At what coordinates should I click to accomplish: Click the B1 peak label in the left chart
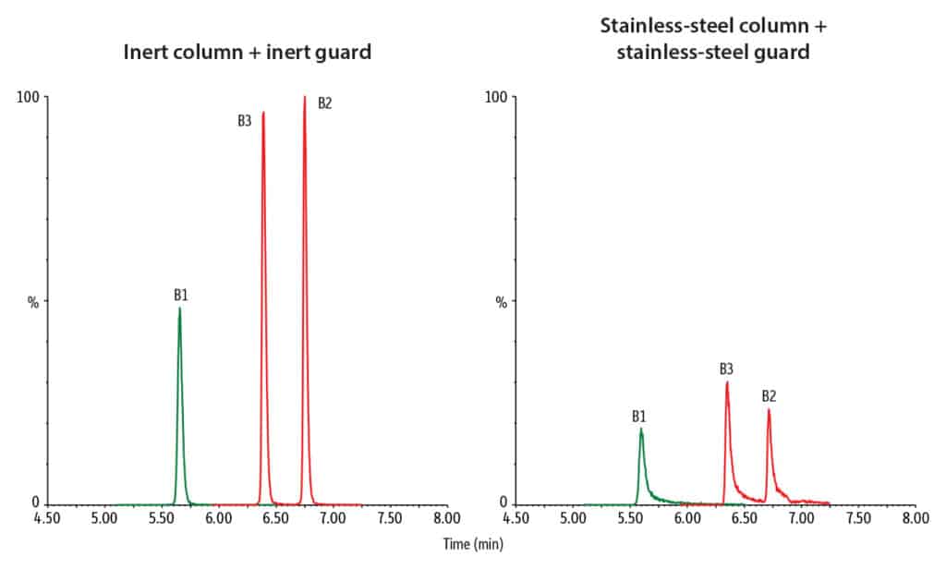coord(181,296)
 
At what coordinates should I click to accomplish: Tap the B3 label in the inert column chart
coord(245,119)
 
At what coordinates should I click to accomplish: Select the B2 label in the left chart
coord(324,103)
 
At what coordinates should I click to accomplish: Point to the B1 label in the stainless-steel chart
coord(639,417)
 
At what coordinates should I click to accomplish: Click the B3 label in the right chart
coord(727,369)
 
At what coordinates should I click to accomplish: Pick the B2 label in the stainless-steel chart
coord(769,396)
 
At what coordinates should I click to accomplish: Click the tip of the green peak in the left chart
coord(179,309)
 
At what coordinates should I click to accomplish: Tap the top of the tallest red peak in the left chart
coord(304,97)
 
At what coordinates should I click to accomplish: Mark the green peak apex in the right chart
coord(640,429)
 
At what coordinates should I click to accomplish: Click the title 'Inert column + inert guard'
coord(248,53)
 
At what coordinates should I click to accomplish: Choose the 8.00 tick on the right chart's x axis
coord(915,519)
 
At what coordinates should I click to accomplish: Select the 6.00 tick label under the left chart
coord(218,519)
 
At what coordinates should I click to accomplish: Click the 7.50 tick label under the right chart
coord(857,519)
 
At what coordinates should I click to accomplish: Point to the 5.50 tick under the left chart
coord(161,519)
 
